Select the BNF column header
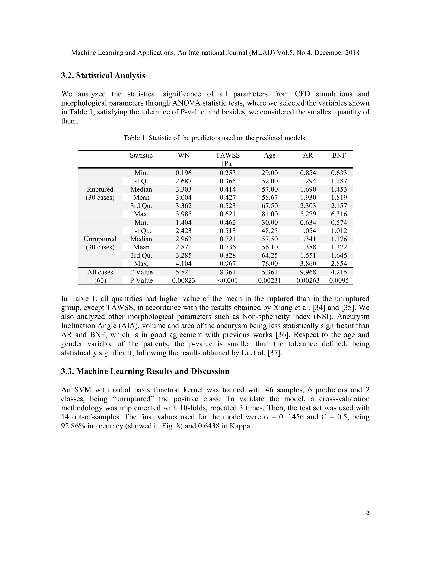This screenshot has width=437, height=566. point(339,155)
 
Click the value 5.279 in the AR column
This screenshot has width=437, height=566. point(308,214)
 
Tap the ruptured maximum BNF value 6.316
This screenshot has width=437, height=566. point(339,214)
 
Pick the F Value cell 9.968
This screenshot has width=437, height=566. point(308,272)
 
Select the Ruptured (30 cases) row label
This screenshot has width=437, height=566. point(100,193)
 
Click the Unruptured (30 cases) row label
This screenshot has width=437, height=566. point(100,243)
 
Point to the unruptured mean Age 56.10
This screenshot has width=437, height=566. point(269,247)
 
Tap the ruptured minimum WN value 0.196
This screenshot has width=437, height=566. point(184,173)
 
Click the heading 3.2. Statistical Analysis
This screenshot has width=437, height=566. point(103,75)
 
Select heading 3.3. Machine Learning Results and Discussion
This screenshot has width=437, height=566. point(145,371)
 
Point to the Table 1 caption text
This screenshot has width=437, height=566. point(215,138)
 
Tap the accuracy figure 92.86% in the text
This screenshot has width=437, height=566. point(73,426)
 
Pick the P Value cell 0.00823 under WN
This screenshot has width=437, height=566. point(184,280)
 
